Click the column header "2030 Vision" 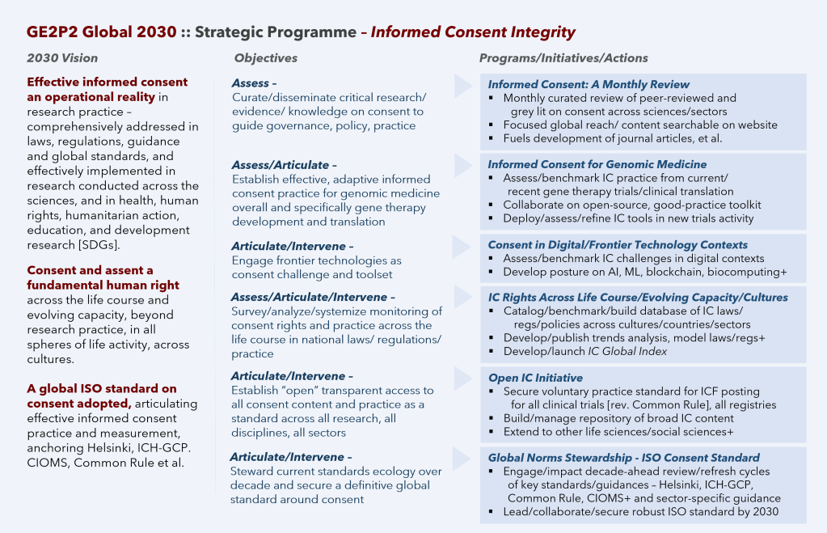[x=62, y=58]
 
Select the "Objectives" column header [x=266, y=58]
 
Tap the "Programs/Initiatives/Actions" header [x=563, y=58]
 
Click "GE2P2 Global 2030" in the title [x=101, y=32]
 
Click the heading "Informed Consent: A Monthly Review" [x=589, y=84]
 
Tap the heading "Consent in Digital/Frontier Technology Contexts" [x=618, y=244]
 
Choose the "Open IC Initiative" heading [x=535, y=378]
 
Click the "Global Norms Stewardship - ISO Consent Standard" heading [x=623, y=457]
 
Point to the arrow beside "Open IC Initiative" [x=462, y=378]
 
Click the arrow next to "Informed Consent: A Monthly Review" [x=462, y=85]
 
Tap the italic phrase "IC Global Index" [x=627, y=351]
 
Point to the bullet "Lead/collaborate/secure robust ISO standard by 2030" [x=640, y=511]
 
